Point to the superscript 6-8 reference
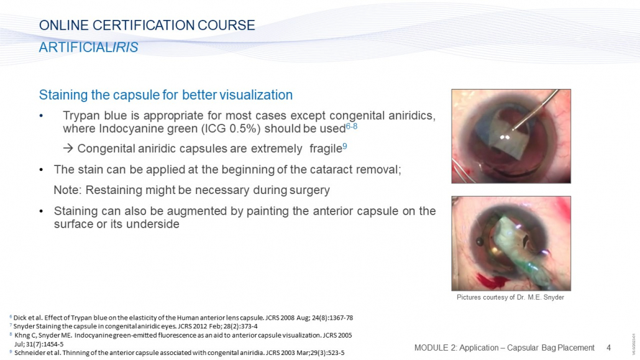[x=352, y=126]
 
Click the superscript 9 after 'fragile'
[x=345, y=146]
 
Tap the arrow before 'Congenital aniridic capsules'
[x=68, y=149]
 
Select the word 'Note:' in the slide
[x=68, y=190]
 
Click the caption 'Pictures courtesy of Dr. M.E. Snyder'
[x=510, y=297]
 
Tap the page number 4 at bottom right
[x=608, y=348]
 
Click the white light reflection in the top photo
[x=505, y=137]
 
